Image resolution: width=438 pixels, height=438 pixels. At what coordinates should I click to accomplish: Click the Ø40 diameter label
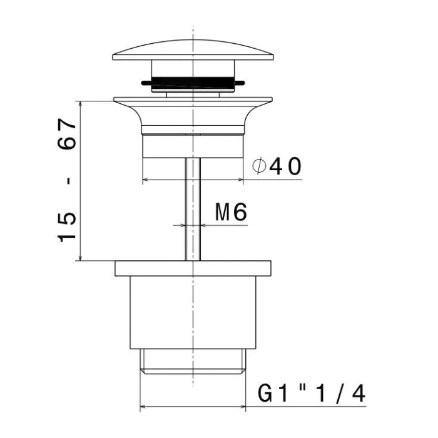[277, 166]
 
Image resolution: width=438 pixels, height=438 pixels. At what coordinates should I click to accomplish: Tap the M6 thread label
[231, 212]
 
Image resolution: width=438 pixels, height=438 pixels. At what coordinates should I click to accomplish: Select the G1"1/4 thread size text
[311, 394]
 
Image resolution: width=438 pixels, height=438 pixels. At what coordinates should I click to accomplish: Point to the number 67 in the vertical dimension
[67, 134]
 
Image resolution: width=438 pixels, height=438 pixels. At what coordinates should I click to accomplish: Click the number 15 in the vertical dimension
[67, 227]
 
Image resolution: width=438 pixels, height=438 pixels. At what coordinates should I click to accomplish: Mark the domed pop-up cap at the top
[193, 50]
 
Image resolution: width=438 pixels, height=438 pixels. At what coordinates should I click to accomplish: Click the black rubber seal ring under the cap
[193, 83]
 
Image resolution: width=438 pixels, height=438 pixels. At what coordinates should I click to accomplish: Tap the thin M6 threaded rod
[193, 209]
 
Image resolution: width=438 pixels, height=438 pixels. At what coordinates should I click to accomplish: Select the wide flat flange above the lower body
[193, 268]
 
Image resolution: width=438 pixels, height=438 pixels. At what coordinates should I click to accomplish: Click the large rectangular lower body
[193, 312]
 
